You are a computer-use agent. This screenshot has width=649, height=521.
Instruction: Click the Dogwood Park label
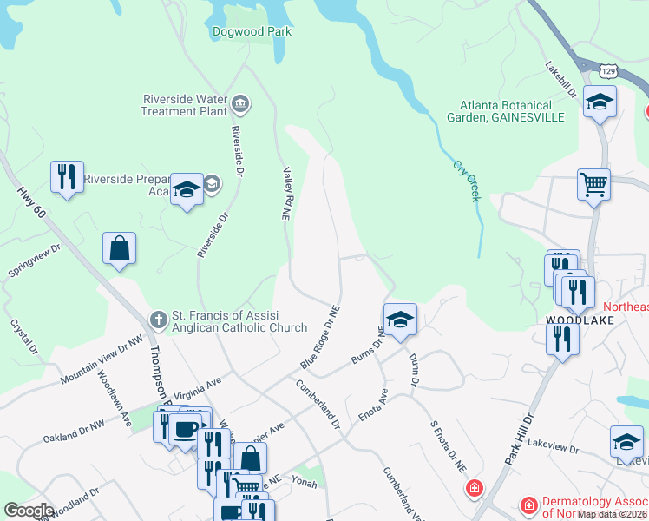(x=252, y=32)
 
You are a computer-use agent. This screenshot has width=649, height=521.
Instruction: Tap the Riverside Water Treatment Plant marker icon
(x=241, y=106)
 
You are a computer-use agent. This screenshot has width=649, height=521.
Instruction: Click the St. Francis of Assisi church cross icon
(x=158, y=320)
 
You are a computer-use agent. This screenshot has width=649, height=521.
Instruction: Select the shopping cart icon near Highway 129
(x=594, y=183)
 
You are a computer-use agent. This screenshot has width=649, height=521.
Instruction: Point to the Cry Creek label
(x=466, y=181)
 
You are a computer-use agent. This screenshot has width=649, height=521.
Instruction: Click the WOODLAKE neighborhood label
(x=580, y=320)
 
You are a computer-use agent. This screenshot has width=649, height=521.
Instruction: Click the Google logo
(x=29, y=511)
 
